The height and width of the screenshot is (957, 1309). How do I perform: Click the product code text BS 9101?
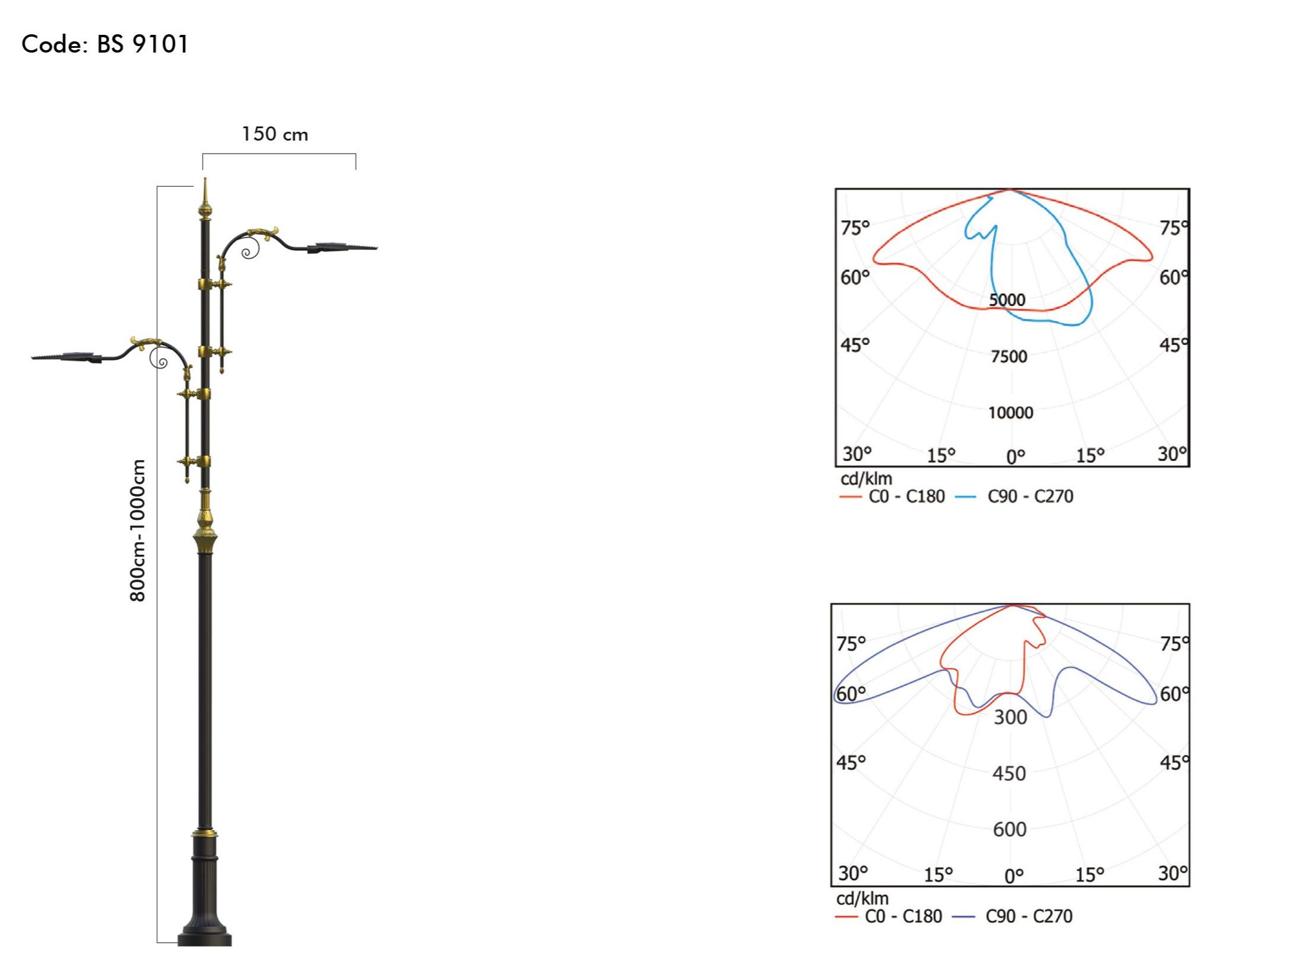[x=142, y=44]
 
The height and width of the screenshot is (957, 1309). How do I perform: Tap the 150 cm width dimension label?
[x=275, y=134]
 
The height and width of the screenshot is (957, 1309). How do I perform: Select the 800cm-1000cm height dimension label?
[x=137, y=530]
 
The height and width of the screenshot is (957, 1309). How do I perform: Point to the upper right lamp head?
[x=343, y=247]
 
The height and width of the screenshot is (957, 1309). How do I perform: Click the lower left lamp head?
[x=66, y=356]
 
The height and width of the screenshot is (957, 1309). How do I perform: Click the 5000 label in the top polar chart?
[x=1008, y=300]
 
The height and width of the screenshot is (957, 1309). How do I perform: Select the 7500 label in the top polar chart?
[x=1009, y=356]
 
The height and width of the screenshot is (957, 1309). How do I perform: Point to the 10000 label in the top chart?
[x=1011, y=412]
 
